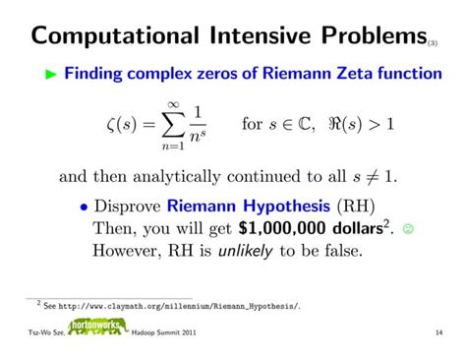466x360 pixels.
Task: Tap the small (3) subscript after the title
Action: [x=433, y=42]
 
